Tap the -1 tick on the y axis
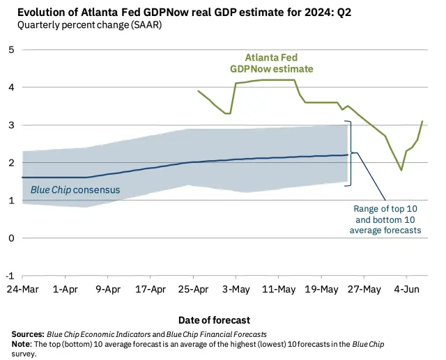[x=10, y=276]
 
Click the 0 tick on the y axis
[x=12, y=238]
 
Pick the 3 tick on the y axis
[x=12, y=125]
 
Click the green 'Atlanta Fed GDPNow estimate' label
[x=271, y=63]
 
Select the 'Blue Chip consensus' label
[x=75, y=189]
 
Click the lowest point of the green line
[x=401, y=170]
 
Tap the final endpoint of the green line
[x=422, y=121]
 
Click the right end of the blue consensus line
[x=348, y=155]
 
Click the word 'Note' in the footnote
[x=24, y=344]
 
